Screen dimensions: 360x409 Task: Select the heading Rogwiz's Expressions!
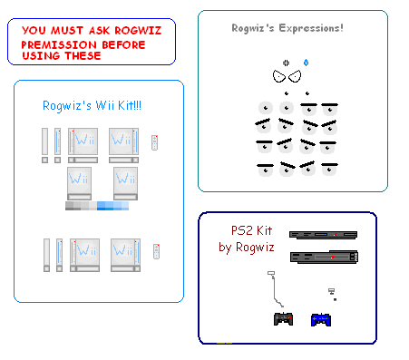pyautogui.click(x=287, y=28)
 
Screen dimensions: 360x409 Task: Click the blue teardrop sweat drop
pyautogui.click(x=307, y=63)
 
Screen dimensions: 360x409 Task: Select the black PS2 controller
pyautogui.click(x=284, y=318)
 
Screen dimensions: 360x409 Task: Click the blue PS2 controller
pyautogui.click(x=320, y=318)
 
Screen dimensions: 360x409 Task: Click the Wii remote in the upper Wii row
pyautogui.click(x=154, y=141)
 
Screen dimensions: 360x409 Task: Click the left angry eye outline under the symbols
pyautogui.click(x=278, y=78)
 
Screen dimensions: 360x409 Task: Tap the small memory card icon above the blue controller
pyautogui.click(x=332, y=293)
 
